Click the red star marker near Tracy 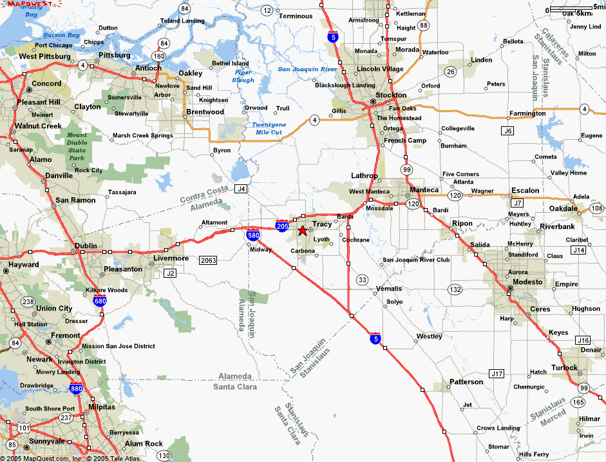point(302,231)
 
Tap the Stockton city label point(391,95)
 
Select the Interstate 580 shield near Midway point(253,236)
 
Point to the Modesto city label point(526,282)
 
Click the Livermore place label point(171,258)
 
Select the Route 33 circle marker point(362,279)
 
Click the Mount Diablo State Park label point(77,146)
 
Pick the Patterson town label point(466,381)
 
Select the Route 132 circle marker point(455,289)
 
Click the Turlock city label point(564,367)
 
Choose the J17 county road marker point(496,373)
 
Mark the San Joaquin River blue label point(307,69)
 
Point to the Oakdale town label point(563,209)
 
